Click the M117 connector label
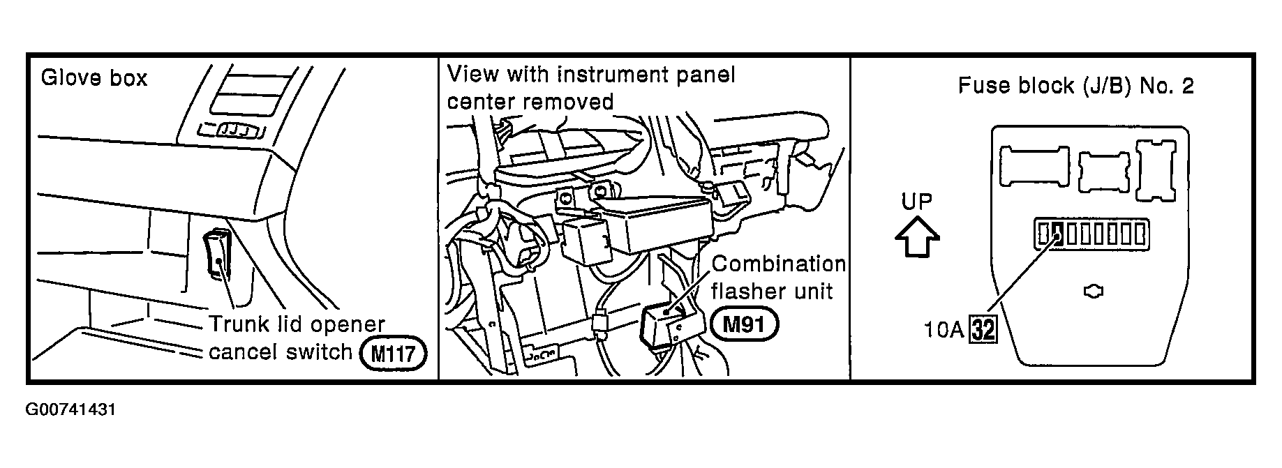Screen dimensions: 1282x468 392,354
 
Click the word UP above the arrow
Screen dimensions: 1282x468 916,202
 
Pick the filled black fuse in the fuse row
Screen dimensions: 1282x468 1057,234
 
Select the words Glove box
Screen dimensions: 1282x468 94,77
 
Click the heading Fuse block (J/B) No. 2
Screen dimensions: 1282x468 1075,86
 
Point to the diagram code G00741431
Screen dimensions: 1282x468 70,409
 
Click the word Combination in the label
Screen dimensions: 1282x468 778,264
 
